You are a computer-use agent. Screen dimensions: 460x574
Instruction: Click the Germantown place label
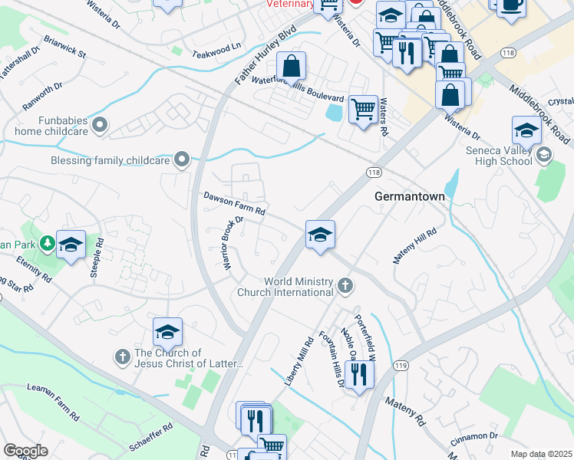pos(409,196)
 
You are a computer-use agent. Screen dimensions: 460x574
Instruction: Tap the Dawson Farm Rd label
pos(234,203)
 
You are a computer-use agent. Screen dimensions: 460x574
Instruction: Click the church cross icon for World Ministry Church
pos(345,287)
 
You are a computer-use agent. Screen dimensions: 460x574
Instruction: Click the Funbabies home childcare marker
pos(99,123)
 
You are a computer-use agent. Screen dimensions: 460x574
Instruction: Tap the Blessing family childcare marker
pos(182,159)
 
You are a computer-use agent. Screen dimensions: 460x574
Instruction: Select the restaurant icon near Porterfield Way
pos(359,375)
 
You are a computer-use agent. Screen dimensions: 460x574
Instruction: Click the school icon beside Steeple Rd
pos(71,245)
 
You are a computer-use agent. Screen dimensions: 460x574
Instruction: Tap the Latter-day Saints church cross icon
pos(122,356)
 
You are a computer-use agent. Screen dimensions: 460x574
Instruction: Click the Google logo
pos(25,451)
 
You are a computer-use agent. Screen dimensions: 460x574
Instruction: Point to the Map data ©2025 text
pos(541,454)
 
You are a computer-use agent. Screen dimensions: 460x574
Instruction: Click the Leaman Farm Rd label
pos(54,402)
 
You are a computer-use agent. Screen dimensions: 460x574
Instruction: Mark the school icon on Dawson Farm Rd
pos(320,234)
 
